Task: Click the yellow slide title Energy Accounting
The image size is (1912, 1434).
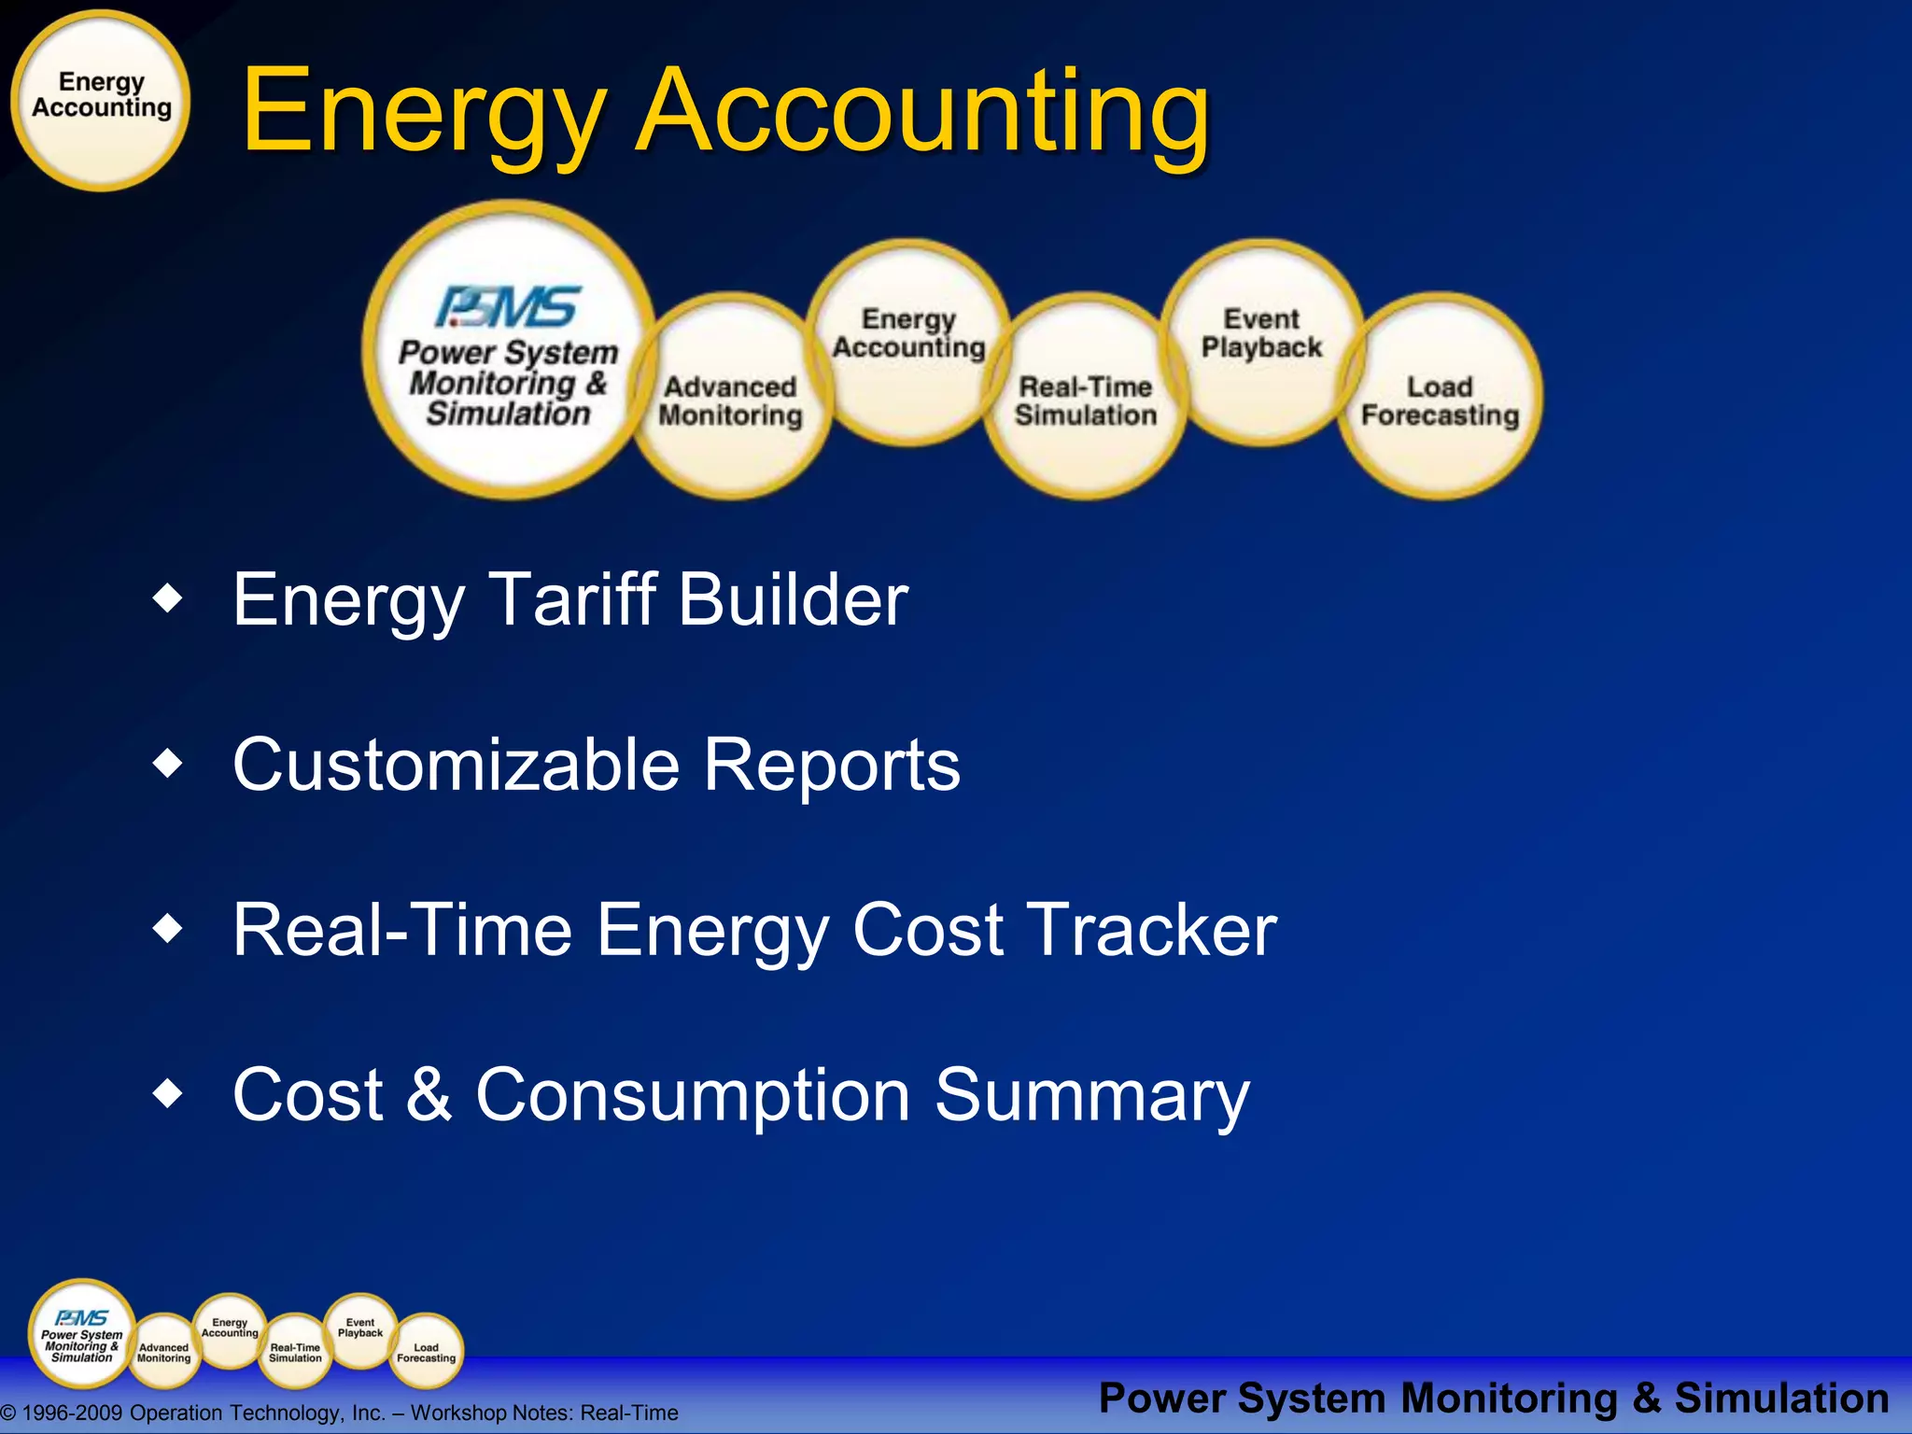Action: click(725, 112)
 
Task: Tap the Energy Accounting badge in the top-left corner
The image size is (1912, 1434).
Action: click(101, 100)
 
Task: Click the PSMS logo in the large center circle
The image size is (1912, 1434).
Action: click(509, 306)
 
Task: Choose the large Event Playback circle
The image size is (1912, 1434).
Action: click(1261, 336)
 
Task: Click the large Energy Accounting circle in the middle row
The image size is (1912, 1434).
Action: click(908, 336)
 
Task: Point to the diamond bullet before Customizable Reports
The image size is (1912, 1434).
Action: click(169, 764)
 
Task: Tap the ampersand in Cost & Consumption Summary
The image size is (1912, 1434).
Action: click(429, 1094)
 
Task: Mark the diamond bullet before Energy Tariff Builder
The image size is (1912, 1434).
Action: click(169, 598)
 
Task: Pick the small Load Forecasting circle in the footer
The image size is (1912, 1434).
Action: click(426, 1353)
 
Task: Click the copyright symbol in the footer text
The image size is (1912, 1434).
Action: click(8, 1413)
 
